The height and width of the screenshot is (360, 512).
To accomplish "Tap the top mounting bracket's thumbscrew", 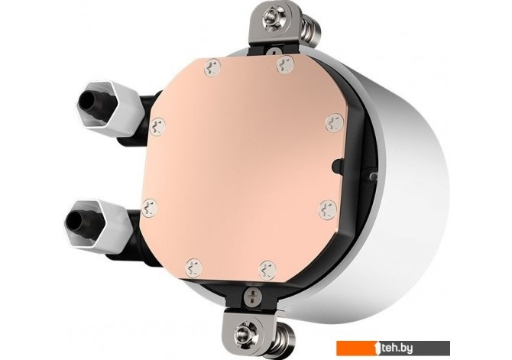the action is click(273, 14).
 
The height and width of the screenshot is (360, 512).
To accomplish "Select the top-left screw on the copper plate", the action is click(212, 67).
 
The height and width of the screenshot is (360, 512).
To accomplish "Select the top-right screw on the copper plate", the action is click(285, 65).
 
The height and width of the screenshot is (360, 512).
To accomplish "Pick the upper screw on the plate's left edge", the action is click(157, 126).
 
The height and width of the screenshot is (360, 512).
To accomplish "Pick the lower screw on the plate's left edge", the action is click(150, 207).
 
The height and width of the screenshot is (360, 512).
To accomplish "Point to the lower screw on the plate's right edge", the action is click(328, 209).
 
